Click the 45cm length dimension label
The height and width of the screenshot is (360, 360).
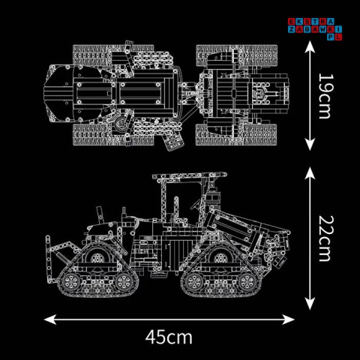169,337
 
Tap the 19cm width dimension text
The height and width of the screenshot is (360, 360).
326,96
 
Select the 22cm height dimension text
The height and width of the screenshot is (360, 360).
326,238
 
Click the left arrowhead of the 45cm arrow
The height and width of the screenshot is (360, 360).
50,319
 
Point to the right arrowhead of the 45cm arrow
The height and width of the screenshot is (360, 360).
288,319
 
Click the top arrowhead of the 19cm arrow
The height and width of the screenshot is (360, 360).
310,46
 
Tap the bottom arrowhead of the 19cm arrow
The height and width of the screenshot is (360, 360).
310,145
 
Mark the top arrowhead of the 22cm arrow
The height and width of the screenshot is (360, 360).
310,173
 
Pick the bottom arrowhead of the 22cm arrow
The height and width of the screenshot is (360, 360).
310,303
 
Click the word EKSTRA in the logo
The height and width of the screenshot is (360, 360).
311,22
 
